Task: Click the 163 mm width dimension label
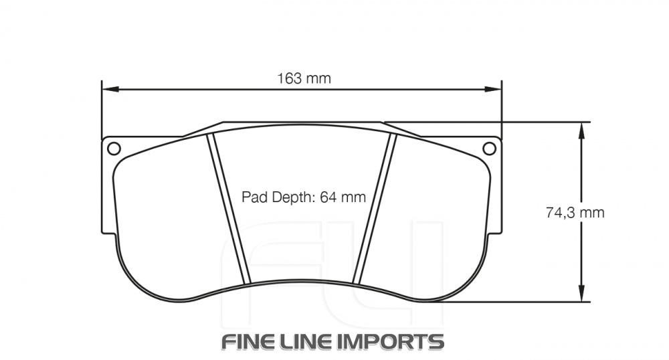click(x=304, y=78)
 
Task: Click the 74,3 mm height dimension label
click(x=575, y=213)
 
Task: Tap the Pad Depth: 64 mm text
click(x=304, y=197)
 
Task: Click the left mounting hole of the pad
click(x=113, y=148)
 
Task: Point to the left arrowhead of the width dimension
click(x=107, y=88)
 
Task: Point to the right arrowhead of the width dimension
click(x=496, y=88)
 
